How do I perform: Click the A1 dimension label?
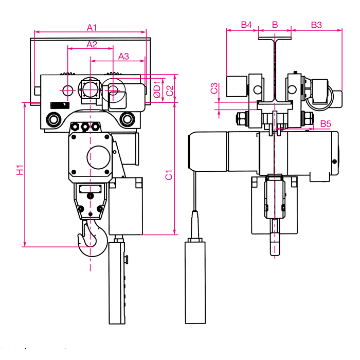pos(92,28)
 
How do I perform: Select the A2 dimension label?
pos(92,44)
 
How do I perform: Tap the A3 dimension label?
pos(123,56)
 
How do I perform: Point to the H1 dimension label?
pos(20,170)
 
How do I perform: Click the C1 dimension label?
pos(169,175)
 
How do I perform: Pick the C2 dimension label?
pos(170,91)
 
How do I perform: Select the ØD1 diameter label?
pos(157,89)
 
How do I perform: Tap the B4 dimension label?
pos(246,25)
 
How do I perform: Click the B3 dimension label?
pos(316,25)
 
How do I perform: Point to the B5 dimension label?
pos(326,124)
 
